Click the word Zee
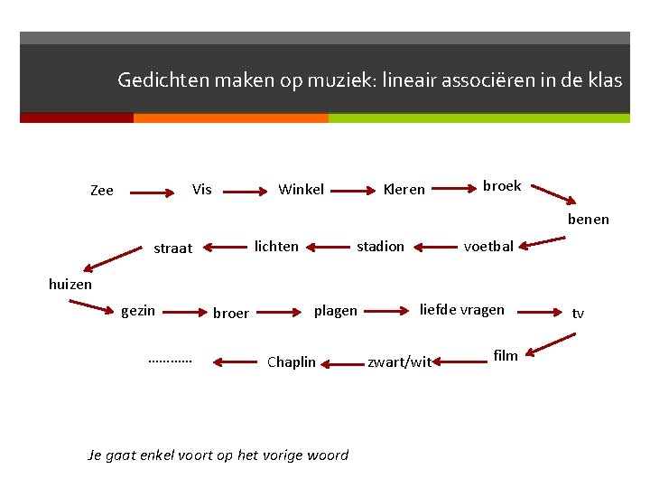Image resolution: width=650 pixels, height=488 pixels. point(102,191)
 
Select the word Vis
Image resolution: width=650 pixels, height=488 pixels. point(202,189)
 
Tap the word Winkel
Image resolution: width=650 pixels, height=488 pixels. point(301,189)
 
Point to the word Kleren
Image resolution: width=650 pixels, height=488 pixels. point(404,190)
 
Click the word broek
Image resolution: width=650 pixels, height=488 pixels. point(502,186)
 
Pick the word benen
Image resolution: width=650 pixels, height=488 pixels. point(589,219)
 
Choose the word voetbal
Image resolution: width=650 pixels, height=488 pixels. point(488,246)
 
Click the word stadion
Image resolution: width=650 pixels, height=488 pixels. point(380,246)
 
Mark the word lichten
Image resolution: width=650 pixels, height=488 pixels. point(276,246)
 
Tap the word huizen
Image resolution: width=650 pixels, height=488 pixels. point(70,284)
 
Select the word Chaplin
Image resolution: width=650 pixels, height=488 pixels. point(292,362)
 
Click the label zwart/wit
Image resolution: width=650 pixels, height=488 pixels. point(400,362)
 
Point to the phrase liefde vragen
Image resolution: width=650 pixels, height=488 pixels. point(462,310)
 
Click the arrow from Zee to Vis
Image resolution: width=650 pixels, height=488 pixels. point(153,192)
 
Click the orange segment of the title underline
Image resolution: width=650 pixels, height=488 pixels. point(230,118)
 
